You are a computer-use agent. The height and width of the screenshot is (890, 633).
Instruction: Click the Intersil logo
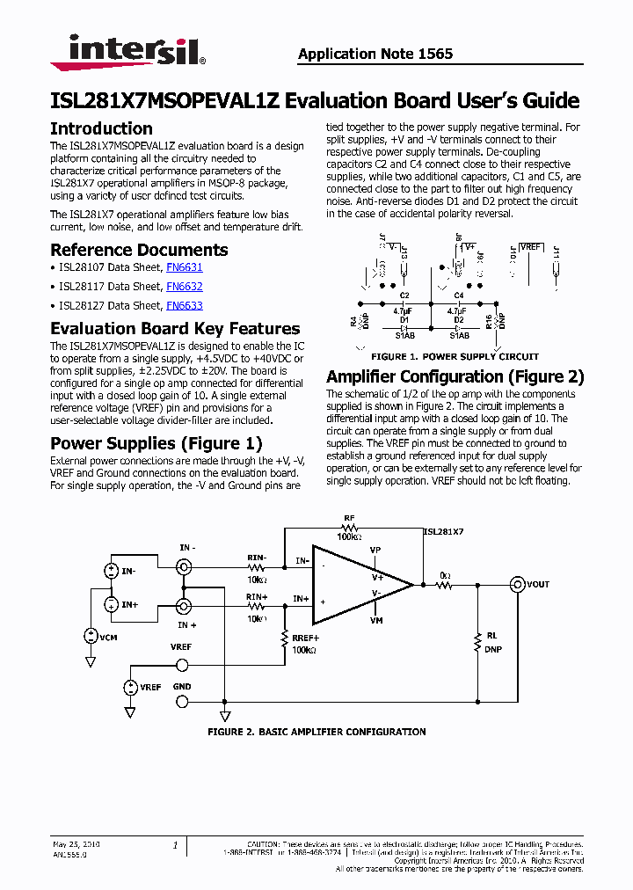coord(127,52)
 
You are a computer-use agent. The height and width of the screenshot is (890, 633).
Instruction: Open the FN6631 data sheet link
coord(185,267)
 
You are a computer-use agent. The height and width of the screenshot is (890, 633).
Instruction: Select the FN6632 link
coord(185,287)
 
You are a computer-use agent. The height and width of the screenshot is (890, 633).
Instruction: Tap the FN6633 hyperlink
coord(185,306)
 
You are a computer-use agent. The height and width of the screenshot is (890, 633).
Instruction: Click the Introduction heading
coord(101,128)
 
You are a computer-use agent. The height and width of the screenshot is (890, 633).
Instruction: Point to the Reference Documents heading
coord(139,250)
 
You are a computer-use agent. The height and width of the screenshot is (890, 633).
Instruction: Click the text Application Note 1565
coord(375,54)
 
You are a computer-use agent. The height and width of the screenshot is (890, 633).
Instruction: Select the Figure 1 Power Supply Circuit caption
coord(455,357)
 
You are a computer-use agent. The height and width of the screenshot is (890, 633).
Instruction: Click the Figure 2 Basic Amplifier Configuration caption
coord(316,732)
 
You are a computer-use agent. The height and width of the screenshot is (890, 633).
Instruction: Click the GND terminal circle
coord(183,701)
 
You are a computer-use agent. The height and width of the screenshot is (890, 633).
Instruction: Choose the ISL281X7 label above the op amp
coord(443,532)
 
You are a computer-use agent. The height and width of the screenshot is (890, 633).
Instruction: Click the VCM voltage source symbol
coord(90,635)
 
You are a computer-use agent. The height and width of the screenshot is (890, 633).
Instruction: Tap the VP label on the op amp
coord(375,550)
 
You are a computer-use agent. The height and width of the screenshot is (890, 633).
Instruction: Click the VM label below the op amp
coord(375,621)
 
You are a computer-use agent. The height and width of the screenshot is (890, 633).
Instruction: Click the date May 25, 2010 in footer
coord(76,844)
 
